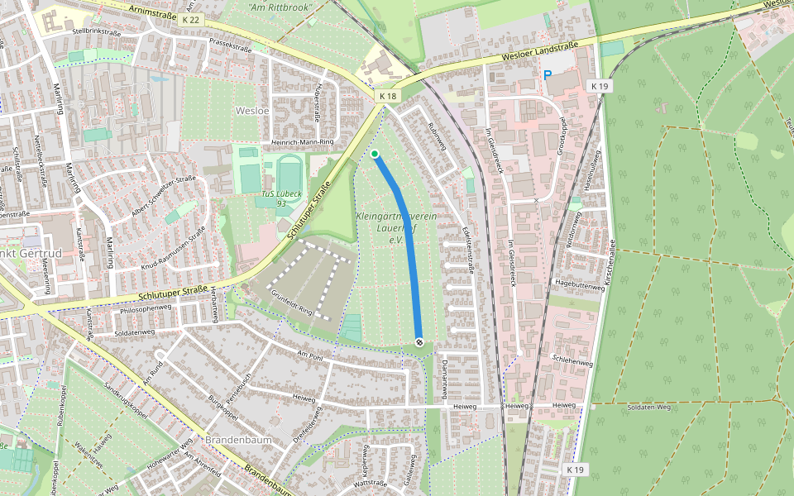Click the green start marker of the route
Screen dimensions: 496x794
pos(375,154)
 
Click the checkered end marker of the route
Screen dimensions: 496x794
pos(419,341)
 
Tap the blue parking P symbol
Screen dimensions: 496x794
pos(547,75)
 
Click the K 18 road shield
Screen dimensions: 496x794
pos(388,97)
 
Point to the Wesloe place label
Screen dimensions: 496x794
pos(252,110)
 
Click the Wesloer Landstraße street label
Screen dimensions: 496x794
pos(539,51)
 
